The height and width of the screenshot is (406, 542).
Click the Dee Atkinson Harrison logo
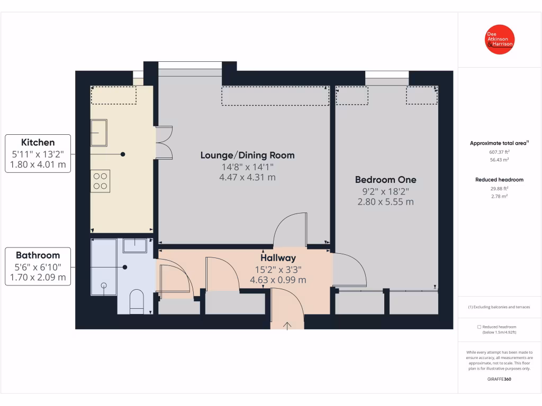point(500,41)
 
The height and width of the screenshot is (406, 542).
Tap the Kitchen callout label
point(38,142)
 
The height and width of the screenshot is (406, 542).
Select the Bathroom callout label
point(38,255)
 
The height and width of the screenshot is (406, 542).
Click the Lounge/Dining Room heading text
point(247,155)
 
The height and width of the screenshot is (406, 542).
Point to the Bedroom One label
point(385,180)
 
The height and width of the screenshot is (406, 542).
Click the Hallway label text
point(278,258)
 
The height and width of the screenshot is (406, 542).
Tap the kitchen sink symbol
point(100,132)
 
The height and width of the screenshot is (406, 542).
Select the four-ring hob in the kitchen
point(100,181)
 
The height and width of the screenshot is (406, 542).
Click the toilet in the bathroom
point(137,302)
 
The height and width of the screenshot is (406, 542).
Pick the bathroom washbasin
point(134,245)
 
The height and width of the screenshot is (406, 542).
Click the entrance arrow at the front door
point(287,325)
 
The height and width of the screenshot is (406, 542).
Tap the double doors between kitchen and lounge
point(164,142)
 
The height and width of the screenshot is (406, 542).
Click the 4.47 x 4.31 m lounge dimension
point(247,178)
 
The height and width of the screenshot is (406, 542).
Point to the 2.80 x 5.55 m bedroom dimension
point(385,202)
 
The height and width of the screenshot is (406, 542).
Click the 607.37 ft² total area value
point(499,152)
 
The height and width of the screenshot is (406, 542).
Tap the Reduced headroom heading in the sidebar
point(499,180)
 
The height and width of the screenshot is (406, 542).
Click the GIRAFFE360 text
point(499,379)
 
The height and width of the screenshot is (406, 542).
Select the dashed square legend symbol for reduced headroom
point(479,327)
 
